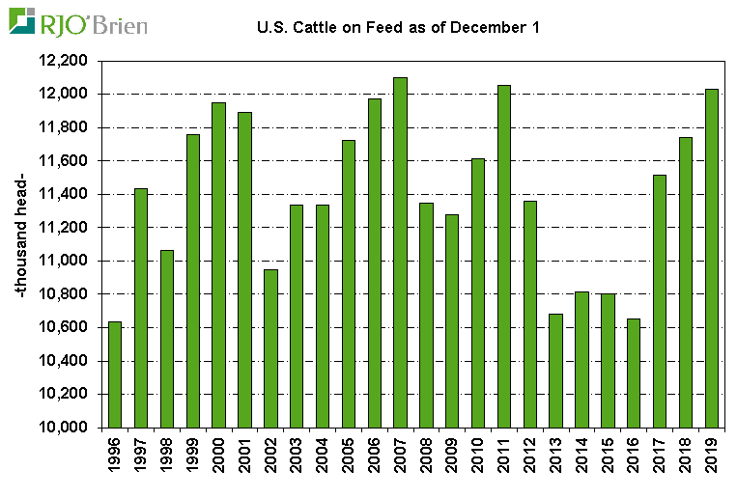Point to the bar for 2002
[270, 348]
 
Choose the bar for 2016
[634, 373]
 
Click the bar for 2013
[555, 371]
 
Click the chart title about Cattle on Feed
[397, 27]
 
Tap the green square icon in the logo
[21, 20]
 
